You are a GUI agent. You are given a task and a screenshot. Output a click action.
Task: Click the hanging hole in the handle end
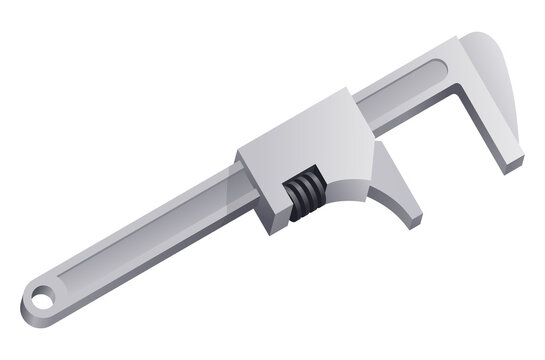[41, 296]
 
